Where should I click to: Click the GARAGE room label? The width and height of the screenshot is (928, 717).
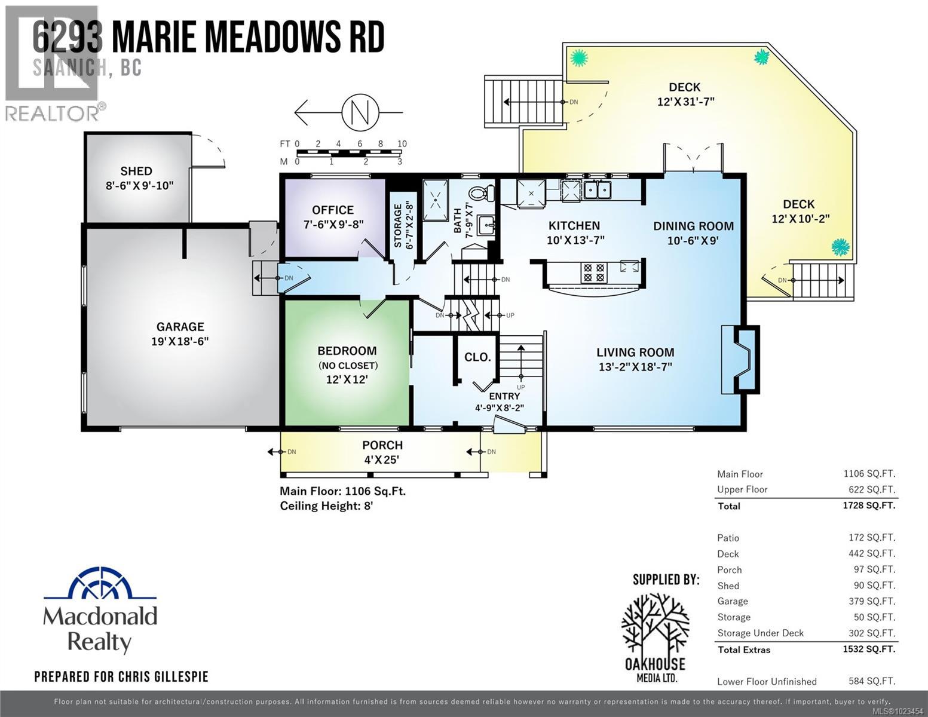point(180,327)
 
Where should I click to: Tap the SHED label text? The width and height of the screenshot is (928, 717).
point(136,171)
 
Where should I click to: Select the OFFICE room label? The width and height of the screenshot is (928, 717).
point(333,210)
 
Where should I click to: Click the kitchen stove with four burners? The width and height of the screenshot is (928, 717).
point(594,273)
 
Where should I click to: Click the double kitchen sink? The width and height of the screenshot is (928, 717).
point(597,190)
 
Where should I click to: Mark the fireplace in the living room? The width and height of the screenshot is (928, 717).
point(740,360)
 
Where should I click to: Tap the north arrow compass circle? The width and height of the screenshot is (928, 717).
point(360,111)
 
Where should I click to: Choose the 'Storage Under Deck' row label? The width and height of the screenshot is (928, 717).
point(760,633)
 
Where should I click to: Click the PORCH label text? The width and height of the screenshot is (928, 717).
point(382,446)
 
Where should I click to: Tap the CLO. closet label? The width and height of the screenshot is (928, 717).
point(477,357)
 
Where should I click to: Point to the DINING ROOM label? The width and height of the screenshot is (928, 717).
point(693,226)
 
